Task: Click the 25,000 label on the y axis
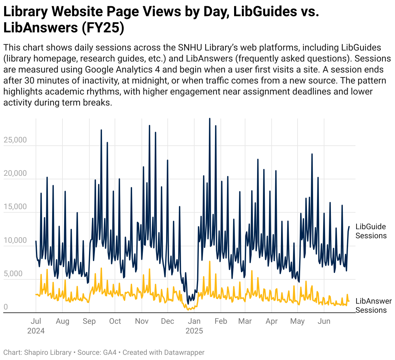click(x=15, y=140)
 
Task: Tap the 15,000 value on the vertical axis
click(x=15, y=207)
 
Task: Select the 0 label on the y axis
click(x=6, y=307)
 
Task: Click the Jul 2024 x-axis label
click(x=36, y=326)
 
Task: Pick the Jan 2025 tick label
click(x=194, y=326)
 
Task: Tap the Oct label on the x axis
click(x=115, y=321)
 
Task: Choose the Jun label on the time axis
click(x=324, y=321)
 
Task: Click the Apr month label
click(x=271, y=321)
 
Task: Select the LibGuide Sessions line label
click(x=371, y=231)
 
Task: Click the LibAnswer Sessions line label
click(x=373, y=306)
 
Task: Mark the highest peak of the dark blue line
click(x=209, y=118)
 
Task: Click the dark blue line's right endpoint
click(x=349, y=227)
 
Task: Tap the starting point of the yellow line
click(x=36, y=294)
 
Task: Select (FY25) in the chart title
click(x=103, y=28)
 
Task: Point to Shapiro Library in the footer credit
click(x=48, y=353)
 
